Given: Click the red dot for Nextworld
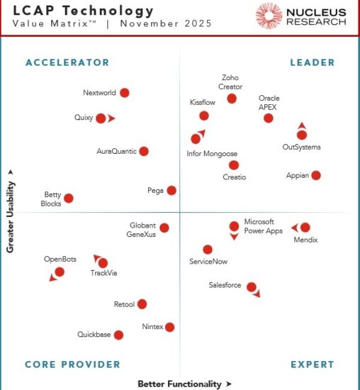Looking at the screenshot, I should (125, 93).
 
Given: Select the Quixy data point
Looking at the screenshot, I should (101, 118).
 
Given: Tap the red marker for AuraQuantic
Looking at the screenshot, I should (144, 151).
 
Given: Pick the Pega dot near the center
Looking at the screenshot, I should (171, 190).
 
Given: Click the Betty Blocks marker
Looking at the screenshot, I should (69, 199).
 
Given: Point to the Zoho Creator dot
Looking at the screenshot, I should (232, 99).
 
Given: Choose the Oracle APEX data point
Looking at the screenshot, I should (269, 118).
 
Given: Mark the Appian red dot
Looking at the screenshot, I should (316, 175).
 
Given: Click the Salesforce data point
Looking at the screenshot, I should (250, 286).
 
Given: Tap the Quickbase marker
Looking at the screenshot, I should (118, 335).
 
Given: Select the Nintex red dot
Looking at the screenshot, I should (169, 327).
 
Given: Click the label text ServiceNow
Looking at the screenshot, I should (208, 262).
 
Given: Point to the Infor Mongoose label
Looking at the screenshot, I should (212, 154).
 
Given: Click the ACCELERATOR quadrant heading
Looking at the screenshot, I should (67, 62).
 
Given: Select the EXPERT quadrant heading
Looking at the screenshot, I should (313, 364).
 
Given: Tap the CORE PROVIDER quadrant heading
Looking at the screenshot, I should (72, 364).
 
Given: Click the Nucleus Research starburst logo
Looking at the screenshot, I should (269, 16).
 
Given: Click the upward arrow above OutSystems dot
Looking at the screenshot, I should (302, 125).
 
